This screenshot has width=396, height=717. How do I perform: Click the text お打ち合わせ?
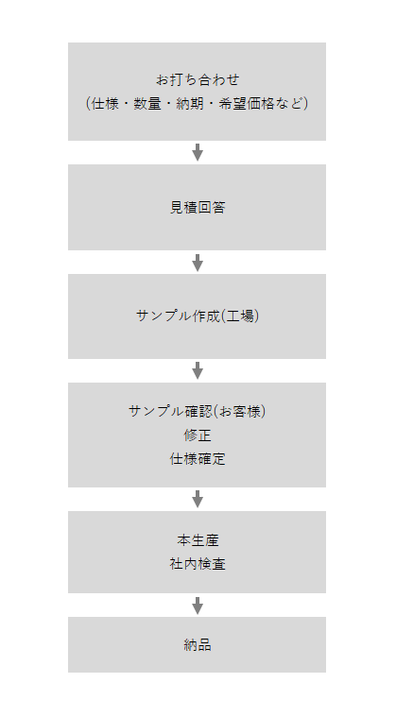198,79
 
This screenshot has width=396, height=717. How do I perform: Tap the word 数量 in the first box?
147,104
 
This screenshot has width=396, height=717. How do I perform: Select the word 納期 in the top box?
190,104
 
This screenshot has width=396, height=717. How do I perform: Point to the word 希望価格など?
261,104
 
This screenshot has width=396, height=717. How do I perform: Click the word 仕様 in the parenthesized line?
105,104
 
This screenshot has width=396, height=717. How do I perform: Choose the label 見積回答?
198,208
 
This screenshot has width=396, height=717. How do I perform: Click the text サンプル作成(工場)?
198,316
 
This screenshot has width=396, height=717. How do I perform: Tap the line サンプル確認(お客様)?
198,411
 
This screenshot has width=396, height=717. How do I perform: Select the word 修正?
198,435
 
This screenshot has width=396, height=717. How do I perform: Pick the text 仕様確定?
198,459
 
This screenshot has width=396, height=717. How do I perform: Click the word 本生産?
198,540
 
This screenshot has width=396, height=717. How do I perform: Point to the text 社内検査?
198,564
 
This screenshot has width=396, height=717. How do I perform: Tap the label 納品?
198,645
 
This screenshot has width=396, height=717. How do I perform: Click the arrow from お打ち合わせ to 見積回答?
198,152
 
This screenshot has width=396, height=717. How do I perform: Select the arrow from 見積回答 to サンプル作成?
198,263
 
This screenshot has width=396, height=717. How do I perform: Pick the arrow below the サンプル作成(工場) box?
198,370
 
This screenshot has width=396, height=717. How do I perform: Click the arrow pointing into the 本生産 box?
198,499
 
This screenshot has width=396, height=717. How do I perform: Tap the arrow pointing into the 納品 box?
198,606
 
